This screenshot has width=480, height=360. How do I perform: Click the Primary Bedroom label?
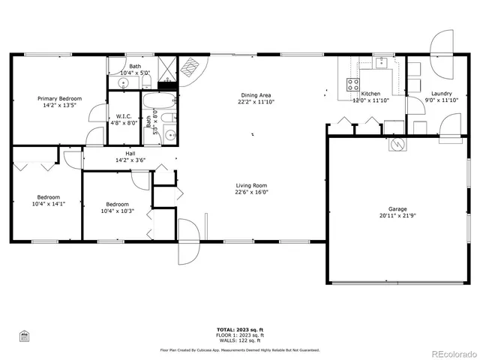click(x=60, y=99)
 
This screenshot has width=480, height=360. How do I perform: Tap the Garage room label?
click(x=397, y=209)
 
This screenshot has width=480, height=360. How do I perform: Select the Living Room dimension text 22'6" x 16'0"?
click(x=251, y=192)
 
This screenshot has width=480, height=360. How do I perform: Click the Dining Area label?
click(x=256, y=95)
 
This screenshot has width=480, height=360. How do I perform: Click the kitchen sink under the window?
click(x=381, y=63)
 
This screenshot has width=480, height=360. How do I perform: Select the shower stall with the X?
click(x=167, y=68)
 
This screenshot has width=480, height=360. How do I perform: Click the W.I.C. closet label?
click(x=124, y=116)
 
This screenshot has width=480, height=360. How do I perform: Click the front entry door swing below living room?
click(x=189, y=241)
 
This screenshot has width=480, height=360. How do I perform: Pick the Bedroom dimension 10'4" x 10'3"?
click(x=118, y=211)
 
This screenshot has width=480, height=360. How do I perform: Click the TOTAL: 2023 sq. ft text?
click(x=240, y=330)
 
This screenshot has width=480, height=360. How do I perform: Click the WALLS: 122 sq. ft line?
click(x=240, y=340)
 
